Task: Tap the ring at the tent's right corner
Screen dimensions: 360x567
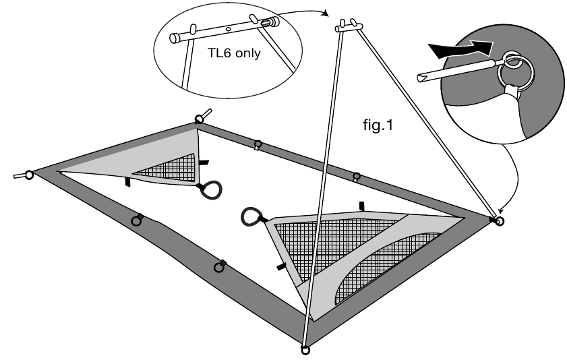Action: [500, 220]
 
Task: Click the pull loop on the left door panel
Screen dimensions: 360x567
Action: [212, 189]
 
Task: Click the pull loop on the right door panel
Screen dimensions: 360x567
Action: [250, 216]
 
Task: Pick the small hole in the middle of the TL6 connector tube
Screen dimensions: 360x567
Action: [229, 29]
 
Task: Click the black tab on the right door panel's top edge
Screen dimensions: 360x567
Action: [361, 205]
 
